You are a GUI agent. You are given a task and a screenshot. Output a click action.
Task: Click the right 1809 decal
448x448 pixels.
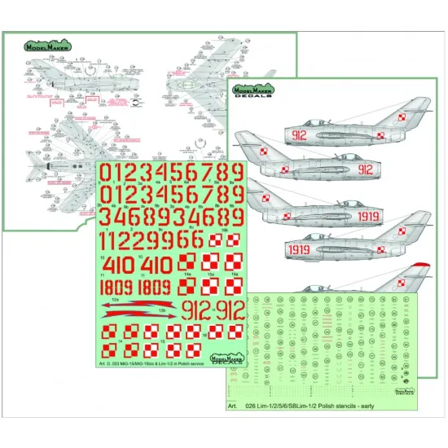(x=154, y=288)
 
